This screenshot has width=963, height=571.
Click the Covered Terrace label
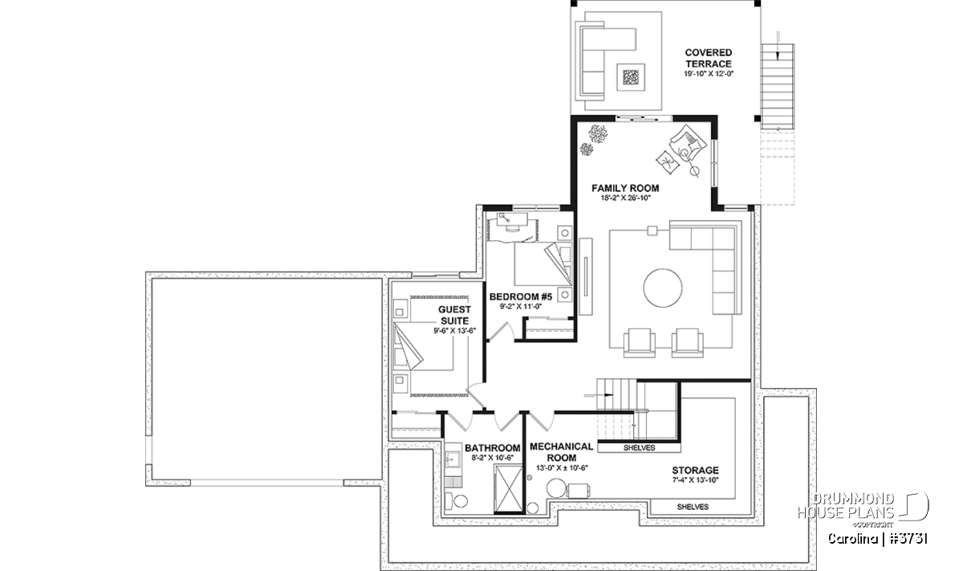point(708,58)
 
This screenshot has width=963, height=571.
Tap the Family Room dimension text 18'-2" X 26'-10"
point(626,198)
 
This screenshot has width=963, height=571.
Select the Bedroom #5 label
point(521,297)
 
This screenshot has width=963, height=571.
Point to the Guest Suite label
point(454,315)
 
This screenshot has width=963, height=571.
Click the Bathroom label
point(493,448)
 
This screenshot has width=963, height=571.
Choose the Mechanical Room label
point(562,452)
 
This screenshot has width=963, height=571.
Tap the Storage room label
point(696,471)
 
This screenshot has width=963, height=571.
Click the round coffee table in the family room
point(663,288)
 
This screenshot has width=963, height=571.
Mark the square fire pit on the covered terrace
point(631,77)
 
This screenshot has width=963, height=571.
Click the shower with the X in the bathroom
point(509,488)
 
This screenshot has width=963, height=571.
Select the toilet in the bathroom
point(457,500)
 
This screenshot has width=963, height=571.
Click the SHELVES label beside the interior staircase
point(640,448)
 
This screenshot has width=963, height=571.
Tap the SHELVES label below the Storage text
point(693,507)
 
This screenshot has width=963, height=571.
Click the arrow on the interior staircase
point(598,394)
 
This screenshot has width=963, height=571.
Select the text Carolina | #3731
point(877,539)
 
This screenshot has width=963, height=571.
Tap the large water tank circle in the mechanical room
point(556,488)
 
